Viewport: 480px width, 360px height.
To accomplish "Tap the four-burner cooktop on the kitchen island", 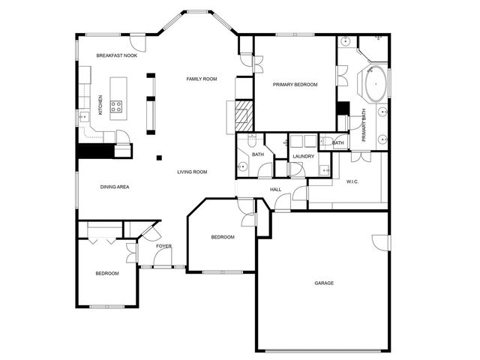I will [118, 106].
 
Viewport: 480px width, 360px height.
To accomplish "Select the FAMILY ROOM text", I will [202, 79].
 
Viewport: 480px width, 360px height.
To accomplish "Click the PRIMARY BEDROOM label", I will [295, 85].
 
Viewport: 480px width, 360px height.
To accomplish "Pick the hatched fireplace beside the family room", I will [244, 113].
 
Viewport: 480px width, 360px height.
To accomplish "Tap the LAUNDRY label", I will [303, 156].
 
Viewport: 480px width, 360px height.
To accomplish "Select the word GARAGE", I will [324, 283].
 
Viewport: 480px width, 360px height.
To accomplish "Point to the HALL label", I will [276, 189].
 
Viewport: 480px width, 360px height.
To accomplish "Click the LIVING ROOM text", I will [192, 172].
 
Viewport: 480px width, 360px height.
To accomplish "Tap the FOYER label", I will [163, 246].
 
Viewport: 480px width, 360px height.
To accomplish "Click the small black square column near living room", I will [158, 157].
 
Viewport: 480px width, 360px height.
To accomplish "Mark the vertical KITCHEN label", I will [100, 104].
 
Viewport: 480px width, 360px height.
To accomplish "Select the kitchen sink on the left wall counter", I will [84, 116].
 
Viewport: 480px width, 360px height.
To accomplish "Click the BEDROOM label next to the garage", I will [222, 237].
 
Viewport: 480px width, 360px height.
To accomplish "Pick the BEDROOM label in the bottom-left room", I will [106, 273].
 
